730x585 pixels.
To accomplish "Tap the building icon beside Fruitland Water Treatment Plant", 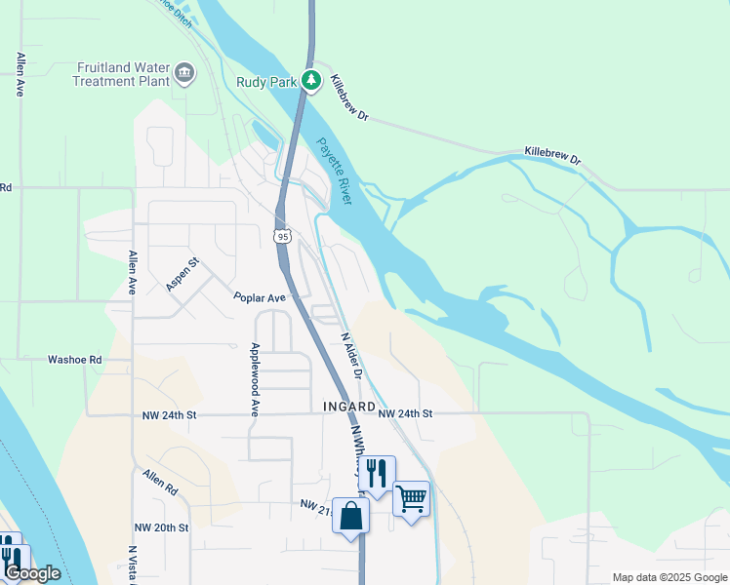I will pos(184,73).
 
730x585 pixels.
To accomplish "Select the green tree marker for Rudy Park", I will pos(311,80).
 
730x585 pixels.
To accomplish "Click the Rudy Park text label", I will pos(266,83).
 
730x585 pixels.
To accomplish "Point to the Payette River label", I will pos(333,172).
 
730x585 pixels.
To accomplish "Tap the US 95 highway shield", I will pos(282,236).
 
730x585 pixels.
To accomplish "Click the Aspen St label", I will pos(182,274).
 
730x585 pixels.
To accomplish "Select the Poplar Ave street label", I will pos(259,297).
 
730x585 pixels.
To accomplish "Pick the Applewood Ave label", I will pos(255,379).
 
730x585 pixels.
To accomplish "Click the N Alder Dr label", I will pos(351,356).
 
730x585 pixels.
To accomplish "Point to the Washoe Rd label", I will pos(75,360).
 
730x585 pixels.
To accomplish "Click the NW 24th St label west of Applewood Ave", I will pos(166,415).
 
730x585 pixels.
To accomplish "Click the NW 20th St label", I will pos(160,527).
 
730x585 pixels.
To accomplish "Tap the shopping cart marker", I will pos(412,498).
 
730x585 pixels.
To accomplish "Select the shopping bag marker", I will pos(350,515).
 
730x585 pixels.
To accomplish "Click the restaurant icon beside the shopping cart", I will pos(376,473).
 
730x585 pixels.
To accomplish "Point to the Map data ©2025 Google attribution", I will pos(669,577).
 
